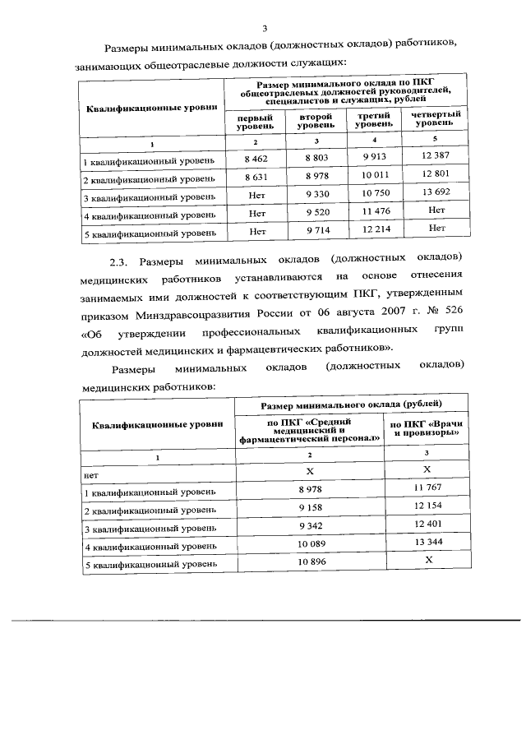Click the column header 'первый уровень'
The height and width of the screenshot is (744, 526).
click(256, 123)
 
